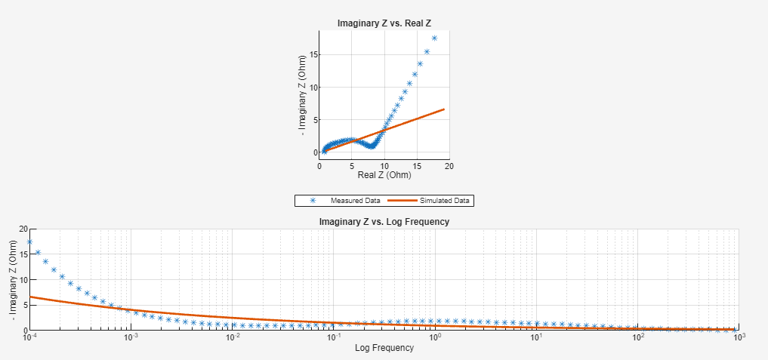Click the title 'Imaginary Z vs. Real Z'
tap(384, 23)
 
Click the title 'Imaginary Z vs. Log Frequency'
tap(384, 222)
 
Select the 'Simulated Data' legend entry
tap(445, 201)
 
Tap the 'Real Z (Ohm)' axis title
tap(384, 175)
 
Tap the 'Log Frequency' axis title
tap(384, 348)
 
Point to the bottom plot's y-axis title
tap(13, 279)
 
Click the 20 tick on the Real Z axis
tap(449, 165)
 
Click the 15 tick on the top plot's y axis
tap(313, 55)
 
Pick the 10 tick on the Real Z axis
tap(384, 165)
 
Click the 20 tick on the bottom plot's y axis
tap(23, 229)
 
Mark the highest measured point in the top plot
tap(434, 38)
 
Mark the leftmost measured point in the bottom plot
tap(30, 242)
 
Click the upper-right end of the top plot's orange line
tap(443, 109)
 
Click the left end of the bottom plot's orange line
tap(30, 297)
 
